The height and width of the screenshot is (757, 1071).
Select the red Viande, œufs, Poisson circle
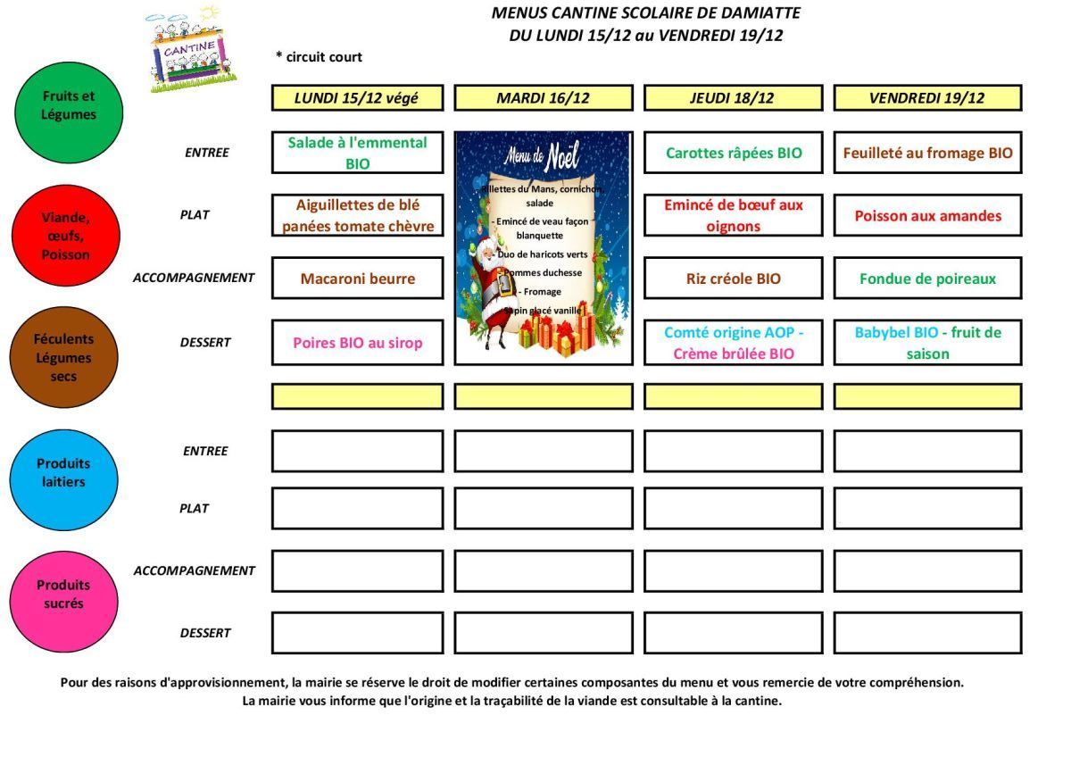[x=65, y=235]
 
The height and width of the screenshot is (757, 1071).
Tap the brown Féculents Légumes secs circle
[x=63, y=357]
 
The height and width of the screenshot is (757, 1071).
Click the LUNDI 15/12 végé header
[x=357, y=98]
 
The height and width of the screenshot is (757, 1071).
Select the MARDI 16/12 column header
[x=543, y=98]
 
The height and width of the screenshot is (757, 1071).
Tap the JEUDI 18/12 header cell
[x=732, y=98]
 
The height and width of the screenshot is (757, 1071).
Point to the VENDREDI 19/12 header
[x=926, y=98]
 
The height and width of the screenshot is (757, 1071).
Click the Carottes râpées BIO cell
[x=733, y=153]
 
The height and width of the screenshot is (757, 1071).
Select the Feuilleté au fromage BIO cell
[x=927, y=153]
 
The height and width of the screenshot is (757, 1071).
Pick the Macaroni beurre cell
[x=357, y=279]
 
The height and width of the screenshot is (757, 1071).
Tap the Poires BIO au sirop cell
[x=357, y=343]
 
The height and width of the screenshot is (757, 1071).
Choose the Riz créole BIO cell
[x=733, y=279]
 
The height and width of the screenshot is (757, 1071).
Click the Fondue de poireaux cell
[x=927, y=279]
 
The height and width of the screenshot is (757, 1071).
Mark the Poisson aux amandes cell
[x=927, y=216]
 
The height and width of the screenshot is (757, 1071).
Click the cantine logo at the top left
[x=191, y=50]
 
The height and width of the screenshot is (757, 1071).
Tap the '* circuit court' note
[x=319, y=57]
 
